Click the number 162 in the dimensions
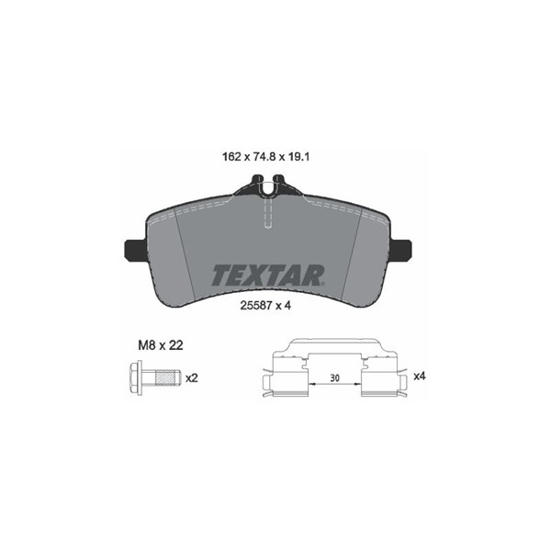click(231, 156)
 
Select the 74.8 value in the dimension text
click(264, 156)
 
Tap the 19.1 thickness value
click(298, 156)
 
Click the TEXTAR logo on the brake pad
click(268, 275)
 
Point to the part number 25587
click(256, 306)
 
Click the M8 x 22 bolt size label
click(161, 345)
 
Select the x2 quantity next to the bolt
click(192, 378)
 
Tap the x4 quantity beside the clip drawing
click(420, 376)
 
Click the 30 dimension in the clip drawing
click(335, 378)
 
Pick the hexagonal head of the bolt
click(136, 377)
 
